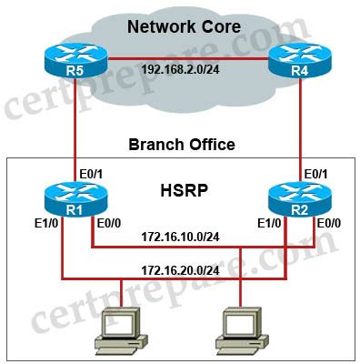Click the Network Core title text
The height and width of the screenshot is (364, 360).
[184, 26]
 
